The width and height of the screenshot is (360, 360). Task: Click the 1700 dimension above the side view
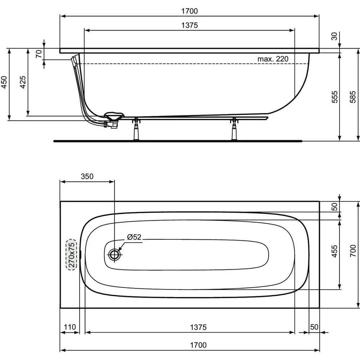tap(189, 11)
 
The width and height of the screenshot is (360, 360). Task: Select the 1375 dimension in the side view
tap(189, 26)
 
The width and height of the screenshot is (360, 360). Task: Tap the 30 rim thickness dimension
tap(334, 36)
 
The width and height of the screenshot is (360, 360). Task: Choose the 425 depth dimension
tap(22, 84)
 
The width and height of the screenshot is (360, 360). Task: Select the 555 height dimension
tap(334, 97)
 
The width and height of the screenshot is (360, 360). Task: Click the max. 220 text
tap(273, 59)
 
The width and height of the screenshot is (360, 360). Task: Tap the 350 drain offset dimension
tap(87, 176)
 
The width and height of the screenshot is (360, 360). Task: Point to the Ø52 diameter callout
tap(134, 237)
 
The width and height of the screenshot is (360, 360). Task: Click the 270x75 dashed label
tap(71, 254)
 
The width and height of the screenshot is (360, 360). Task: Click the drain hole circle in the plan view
tap(114, 254)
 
